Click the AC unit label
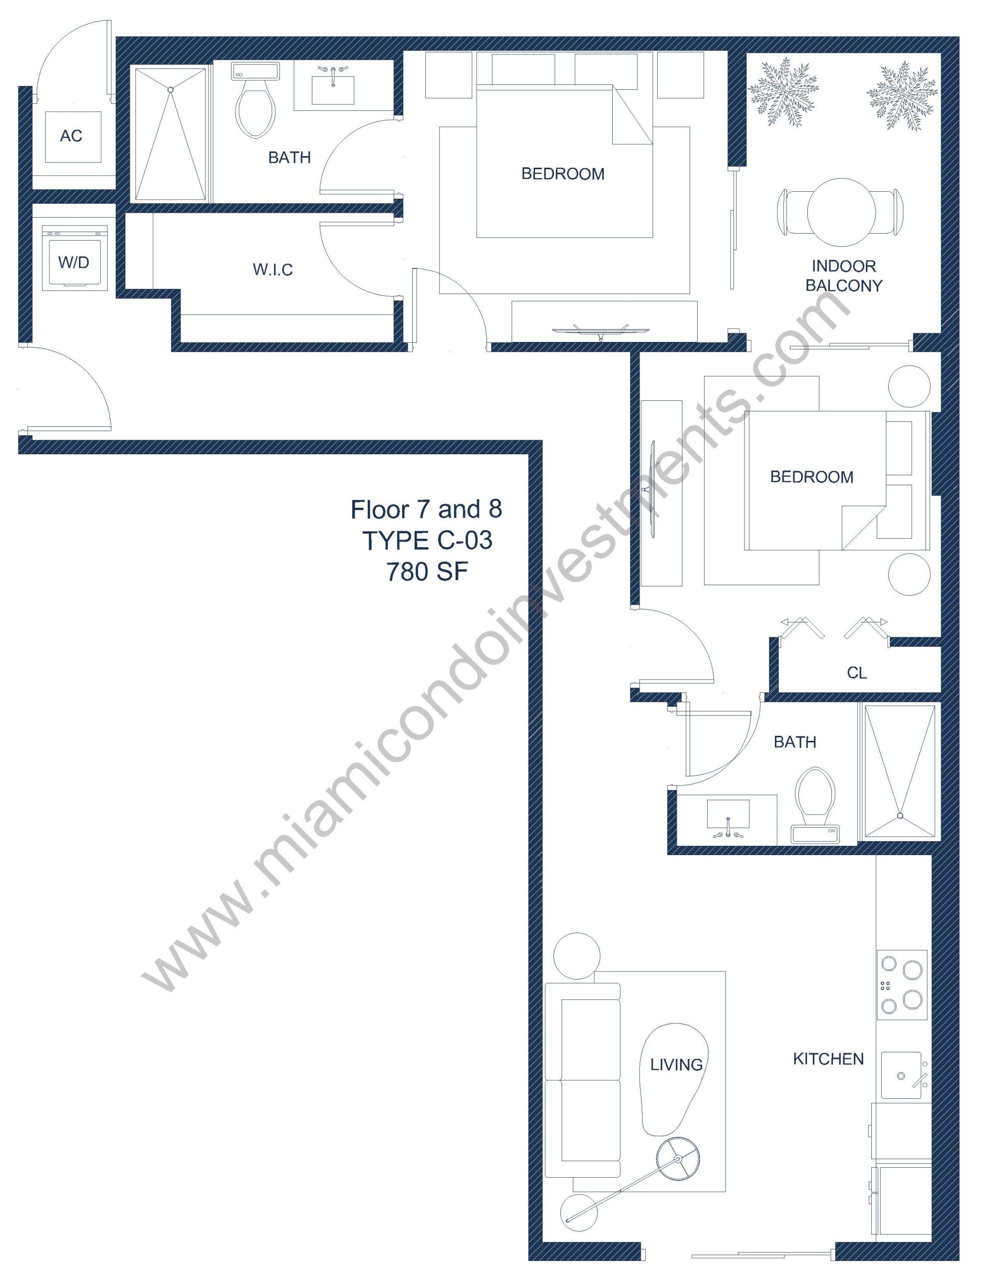point(71,136)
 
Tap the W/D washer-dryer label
point(74,262)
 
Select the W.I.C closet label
point(272,270)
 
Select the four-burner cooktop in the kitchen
point(901,985)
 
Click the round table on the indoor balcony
point(841,211)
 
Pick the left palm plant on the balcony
point(783,92)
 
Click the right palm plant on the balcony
point(902,95)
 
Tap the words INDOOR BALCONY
point(844,276)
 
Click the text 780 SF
point(427,572)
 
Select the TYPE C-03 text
point(427,540)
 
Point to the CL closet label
point(857,673)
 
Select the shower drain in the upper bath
point(170,89)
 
